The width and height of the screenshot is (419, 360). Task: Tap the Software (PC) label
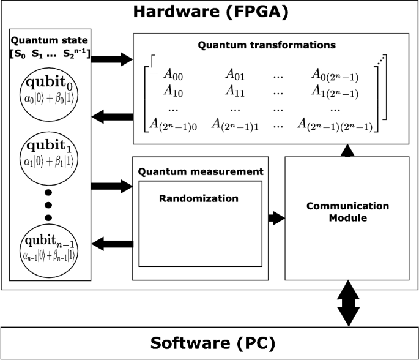209,342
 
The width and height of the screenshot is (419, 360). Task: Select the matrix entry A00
174,75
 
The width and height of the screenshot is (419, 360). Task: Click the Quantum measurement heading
201,172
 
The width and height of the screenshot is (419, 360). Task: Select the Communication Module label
347,212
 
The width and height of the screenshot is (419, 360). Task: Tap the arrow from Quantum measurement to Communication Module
276,217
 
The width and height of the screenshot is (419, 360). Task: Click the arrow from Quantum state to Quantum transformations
112,59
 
